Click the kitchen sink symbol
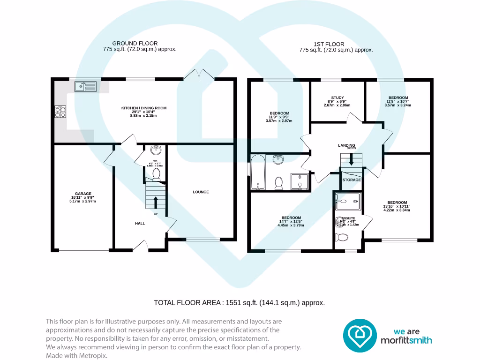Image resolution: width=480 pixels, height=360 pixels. point(85,86)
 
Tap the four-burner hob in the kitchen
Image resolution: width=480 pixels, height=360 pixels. point(61,112)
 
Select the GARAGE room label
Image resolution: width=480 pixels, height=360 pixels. point(83,194)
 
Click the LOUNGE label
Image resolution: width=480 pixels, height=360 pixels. point(201,192)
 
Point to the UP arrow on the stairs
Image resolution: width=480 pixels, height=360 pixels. point(156,202)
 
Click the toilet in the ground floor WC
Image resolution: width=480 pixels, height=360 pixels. point(157,174)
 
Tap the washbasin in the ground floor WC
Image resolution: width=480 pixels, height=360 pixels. point(156,150)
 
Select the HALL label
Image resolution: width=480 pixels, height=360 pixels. point(140,224)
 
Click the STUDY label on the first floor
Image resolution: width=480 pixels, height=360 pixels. point(337,98)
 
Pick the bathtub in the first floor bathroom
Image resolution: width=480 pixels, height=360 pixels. point(257,172)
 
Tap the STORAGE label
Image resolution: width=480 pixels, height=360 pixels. point(352,180)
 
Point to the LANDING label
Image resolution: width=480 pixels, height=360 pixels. point(346,145)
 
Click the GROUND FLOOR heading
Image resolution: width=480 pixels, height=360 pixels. point(135,44)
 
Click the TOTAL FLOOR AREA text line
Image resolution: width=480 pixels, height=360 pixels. point(239,303)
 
